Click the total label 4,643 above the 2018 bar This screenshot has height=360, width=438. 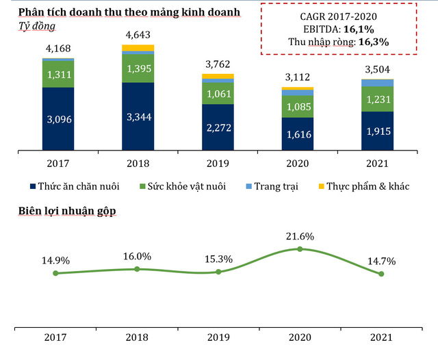(138, 35)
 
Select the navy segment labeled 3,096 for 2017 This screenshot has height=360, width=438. (58, 119)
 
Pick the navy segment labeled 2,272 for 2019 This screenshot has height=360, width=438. (218, 127)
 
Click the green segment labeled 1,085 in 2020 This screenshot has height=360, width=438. (298, 107)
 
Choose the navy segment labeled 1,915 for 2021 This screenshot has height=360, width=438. (378, 131)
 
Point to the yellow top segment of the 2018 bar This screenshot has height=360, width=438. (138, 48)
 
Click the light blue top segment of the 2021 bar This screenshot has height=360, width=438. (378, 83)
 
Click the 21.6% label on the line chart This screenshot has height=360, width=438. (300, 236)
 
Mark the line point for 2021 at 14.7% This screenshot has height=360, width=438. (381, 274)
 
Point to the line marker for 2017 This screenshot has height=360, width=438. (55, 273)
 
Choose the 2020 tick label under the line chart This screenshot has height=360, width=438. (300, 337)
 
